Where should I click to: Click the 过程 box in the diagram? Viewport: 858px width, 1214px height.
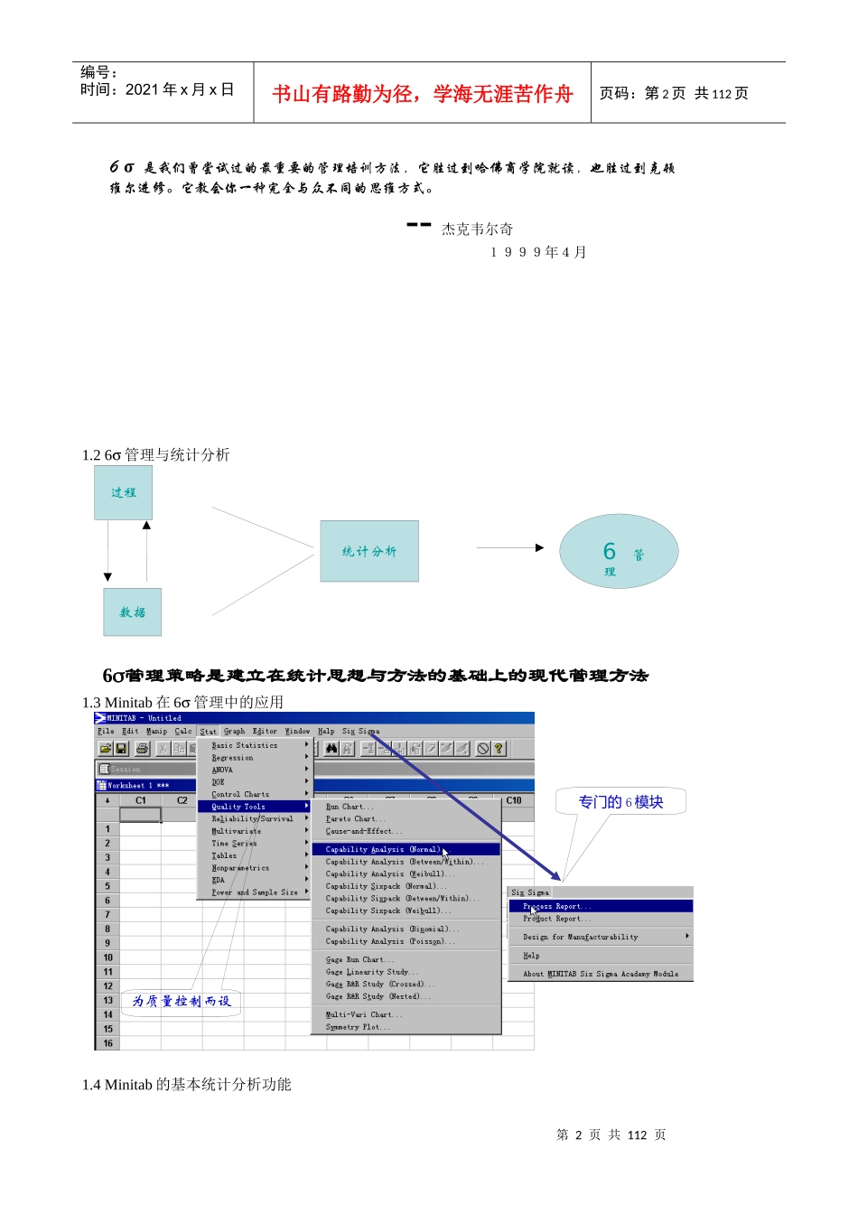[x=123, y=492]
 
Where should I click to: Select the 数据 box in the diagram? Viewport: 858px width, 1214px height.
[x=132, y=612]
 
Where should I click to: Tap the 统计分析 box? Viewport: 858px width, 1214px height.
[x=368, y=551]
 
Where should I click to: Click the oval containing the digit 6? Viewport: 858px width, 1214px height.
[x=619, y=552]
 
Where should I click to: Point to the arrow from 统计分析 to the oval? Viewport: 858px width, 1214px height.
[x=509, y=547]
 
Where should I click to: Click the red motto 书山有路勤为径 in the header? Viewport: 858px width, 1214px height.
[x=422, y=94]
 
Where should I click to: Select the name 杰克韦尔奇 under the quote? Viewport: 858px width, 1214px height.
[x=477, y=229]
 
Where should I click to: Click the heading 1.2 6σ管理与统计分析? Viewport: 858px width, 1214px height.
[x=155, y=454]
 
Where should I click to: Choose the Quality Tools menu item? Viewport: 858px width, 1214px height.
[x=238, y=807]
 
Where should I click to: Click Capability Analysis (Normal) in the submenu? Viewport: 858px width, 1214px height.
[x=383, y=849]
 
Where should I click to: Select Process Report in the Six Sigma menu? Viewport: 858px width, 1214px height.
[x=557, y=906]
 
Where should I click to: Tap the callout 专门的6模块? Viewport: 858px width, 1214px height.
[x=620, y=802]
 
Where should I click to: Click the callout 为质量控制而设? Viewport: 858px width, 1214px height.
[x=181, y=1001]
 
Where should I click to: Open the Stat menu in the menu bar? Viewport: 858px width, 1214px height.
[x=208, y=731]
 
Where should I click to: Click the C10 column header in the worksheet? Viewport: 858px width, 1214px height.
[x=514, y=800]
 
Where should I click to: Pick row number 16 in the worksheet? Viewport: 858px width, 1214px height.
[x=107, y=1043]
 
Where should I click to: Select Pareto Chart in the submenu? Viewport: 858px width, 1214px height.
[x=356, y=818]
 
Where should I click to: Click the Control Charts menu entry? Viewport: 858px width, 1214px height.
[x=240, y=794]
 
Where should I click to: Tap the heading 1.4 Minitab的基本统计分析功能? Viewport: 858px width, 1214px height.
[x=186, y=1084]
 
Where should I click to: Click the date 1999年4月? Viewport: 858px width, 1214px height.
[x=538, y=252]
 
